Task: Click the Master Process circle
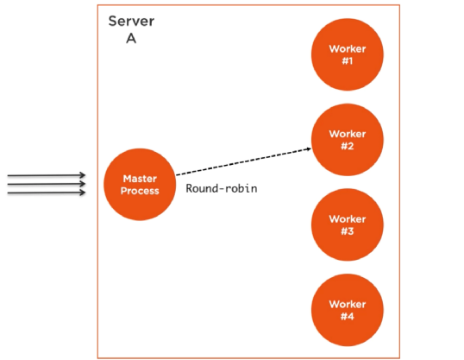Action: tap(138, 184)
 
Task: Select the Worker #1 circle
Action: tap(347, 55)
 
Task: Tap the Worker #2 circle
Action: tap(347, 140)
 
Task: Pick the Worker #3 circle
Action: tap(347, 224)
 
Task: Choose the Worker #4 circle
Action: tap(347, 309)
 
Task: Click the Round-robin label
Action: tap(222, 188)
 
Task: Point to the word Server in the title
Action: tap(131, 20)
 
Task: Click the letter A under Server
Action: tap(131, 38)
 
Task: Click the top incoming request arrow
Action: tap(47, 175)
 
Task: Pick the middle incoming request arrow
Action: tap(47, 184)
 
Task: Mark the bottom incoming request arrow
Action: tap(47, 193)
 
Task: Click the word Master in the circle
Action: tap(138, 178)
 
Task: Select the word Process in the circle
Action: tap(138, 190)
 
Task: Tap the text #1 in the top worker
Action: tap(347, 61)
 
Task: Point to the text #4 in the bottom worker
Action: tap(347, 315)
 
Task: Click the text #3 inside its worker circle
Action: tap(347, 231)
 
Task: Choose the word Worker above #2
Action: tap(347, 134)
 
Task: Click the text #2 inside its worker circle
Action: tap(347, 146)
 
